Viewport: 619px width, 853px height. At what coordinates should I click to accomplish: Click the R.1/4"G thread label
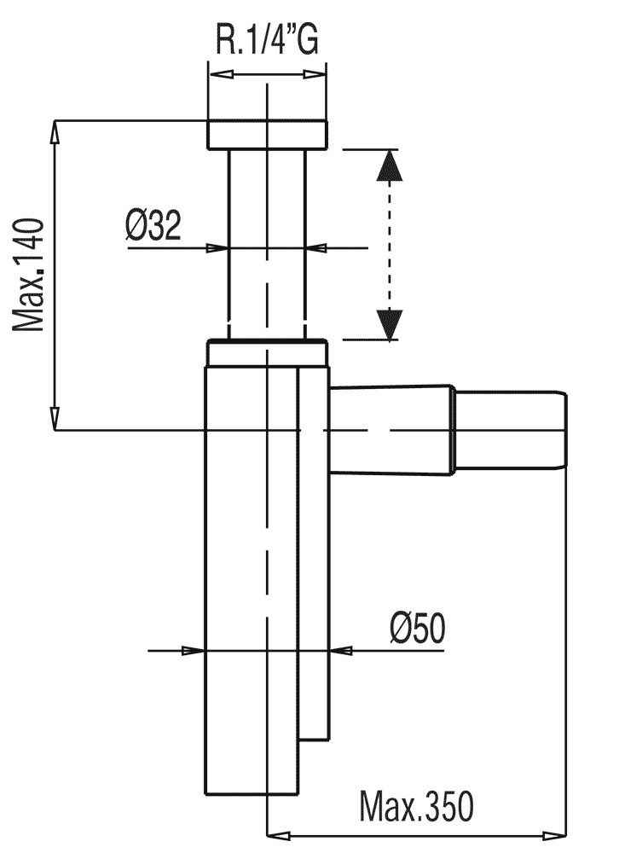point(267,38)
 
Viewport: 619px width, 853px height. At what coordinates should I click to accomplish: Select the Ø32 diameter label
point(153,225)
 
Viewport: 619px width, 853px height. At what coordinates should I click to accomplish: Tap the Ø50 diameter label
point(417,629)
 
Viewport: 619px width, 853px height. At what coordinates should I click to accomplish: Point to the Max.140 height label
point(28,275)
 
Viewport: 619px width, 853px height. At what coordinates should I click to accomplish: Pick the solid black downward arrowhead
point(390,325)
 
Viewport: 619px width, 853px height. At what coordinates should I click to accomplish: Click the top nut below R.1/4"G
point(267,134)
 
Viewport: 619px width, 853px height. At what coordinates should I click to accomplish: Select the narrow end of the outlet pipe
point(510,429)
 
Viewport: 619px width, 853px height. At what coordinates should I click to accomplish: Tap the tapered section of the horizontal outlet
point(391,430)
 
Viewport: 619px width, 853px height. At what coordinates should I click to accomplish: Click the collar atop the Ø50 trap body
point(267,353)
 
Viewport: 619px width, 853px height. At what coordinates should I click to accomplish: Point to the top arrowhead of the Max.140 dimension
point(55,132)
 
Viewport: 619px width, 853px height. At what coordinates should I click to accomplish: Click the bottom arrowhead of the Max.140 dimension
point(55,418)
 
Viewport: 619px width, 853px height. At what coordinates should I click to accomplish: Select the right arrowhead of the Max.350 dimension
point(554,835)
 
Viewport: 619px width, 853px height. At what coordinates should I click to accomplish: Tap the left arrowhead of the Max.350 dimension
point(279,835)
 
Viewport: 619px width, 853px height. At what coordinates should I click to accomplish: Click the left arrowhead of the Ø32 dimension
point(217,248)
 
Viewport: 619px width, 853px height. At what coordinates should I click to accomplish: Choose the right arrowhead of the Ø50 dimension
point(342,650)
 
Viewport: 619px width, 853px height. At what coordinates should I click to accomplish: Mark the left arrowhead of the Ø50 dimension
point(193,650)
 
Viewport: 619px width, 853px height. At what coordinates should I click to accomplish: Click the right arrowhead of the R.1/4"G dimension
point(315,74)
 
